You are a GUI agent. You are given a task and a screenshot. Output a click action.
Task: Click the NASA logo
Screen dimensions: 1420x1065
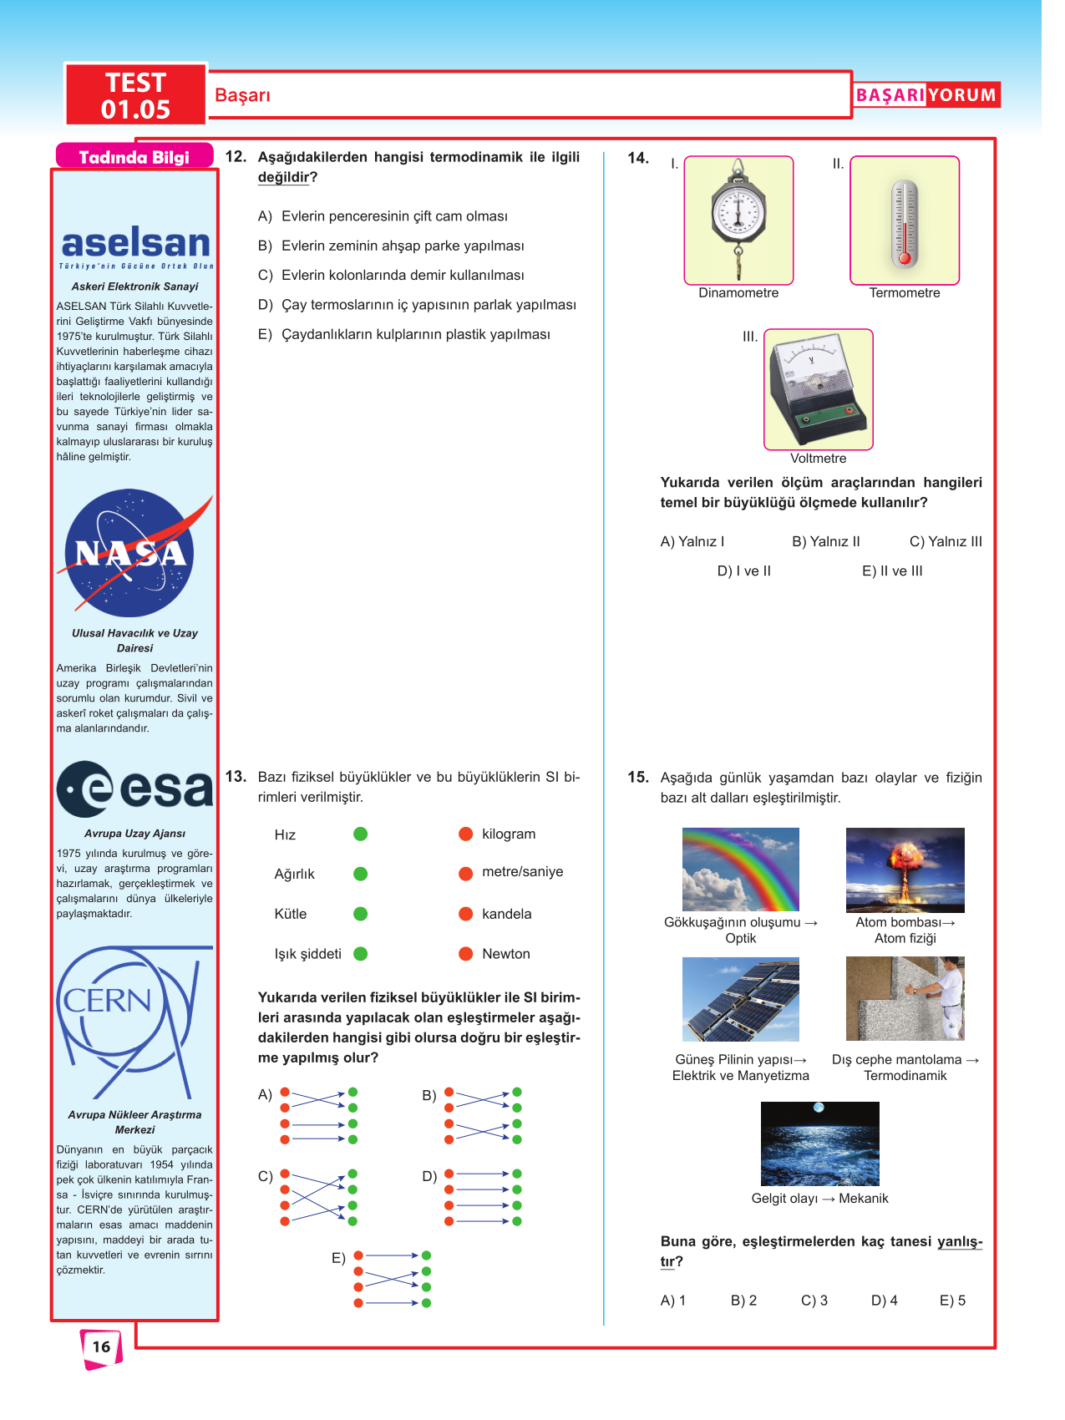click(132, 553)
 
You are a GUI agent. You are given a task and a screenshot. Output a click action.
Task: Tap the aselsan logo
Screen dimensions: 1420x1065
click(135, 244)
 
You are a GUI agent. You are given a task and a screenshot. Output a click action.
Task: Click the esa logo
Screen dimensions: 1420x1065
click(135, 789)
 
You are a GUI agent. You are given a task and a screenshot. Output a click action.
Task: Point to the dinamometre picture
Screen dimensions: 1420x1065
click(738, 220)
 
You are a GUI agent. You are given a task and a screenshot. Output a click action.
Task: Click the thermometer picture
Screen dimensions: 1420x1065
click(905, 221)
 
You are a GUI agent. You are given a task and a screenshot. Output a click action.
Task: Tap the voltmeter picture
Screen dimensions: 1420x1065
click(819, 388)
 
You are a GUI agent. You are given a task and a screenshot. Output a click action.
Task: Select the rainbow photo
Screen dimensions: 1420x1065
click(740, 869)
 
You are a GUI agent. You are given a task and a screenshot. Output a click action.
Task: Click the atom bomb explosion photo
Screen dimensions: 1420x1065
click(905, 870)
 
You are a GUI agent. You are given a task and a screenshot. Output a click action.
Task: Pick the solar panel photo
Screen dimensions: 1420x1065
click(740, 999)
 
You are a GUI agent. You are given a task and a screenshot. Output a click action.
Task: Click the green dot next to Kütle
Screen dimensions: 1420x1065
click(361, 914)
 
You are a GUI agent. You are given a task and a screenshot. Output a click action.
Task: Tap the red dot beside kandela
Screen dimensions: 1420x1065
click(466, 914)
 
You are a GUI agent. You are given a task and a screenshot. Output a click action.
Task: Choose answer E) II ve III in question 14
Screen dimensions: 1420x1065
click(892, 571)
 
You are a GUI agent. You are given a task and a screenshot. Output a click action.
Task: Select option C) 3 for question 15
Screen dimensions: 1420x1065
click(814, 1301)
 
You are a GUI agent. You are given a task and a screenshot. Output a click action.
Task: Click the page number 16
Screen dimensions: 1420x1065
click(101, 1346)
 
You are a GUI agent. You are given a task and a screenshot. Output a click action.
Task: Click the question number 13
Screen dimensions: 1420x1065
click(236, 777)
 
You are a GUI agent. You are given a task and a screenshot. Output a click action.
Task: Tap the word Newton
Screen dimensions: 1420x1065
click(506, 954)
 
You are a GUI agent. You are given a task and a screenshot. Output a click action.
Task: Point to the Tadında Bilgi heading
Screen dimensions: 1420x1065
click(134, 157)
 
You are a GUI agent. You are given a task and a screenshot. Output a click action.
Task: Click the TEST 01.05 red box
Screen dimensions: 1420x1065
click(135, 95)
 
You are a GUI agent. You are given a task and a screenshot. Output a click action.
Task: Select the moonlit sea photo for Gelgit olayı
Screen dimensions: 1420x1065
click(819, 1144)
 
